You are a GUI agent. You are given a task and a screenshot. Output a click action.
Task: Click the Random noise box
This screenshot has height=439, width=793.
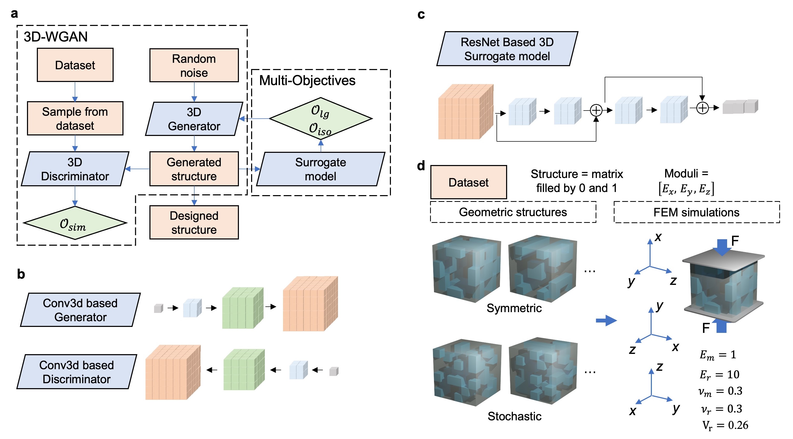coord(194,65)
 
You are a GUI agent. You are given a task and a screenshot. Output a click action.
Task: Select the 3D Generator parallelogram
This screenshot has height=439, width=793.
coord(194,119)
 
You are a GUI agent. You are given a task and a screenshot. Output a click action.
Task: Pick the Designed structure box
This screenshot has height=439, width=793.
coord(194,222)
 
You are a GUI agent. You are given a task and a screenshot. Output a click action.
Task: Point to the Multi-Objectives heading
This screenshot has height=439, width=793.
coord(307,81)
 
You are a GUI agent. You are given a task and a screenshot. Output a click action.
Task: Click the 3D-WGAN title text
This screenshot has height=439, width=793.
coord(56,37)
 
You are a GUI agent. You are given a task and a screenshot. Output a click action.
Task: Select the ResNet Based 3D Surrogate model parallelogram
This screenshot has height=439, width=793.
coord(507,49)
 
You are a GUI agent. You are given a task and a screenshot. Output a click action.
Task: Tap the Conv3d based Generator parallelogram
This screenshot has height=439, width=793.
coord(80,310)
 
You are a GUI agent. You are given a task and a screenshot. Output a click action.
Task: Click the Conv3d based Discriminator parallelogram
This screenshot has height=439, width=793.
coord(76,372)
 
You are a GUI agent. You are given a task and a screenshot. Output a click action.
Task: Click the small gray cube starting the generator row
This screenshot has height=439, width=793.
coord(158,308)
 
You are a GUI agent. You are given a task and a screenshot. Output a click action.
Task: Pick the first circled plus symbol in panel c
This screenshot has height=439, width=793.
coord(596,110)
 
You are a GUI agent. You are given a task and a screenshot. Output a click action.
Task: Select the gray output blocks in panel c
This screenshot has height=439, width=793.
coord(740,107)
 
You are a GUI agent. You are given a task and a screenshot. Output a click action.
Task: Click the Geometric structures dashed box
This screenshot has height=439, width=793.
coord(513,212)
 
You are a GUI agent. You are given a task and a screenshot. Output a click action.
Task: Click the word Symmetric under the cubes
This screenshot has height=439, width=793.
coord(514,308)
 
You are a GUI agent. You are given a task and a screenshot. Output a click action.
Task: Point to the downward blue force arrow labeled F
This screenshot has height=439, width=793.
coord(722,247)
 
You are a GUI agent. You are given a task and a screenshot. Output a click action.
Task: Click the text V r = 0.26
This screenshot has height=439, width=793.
coord(725,425)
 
